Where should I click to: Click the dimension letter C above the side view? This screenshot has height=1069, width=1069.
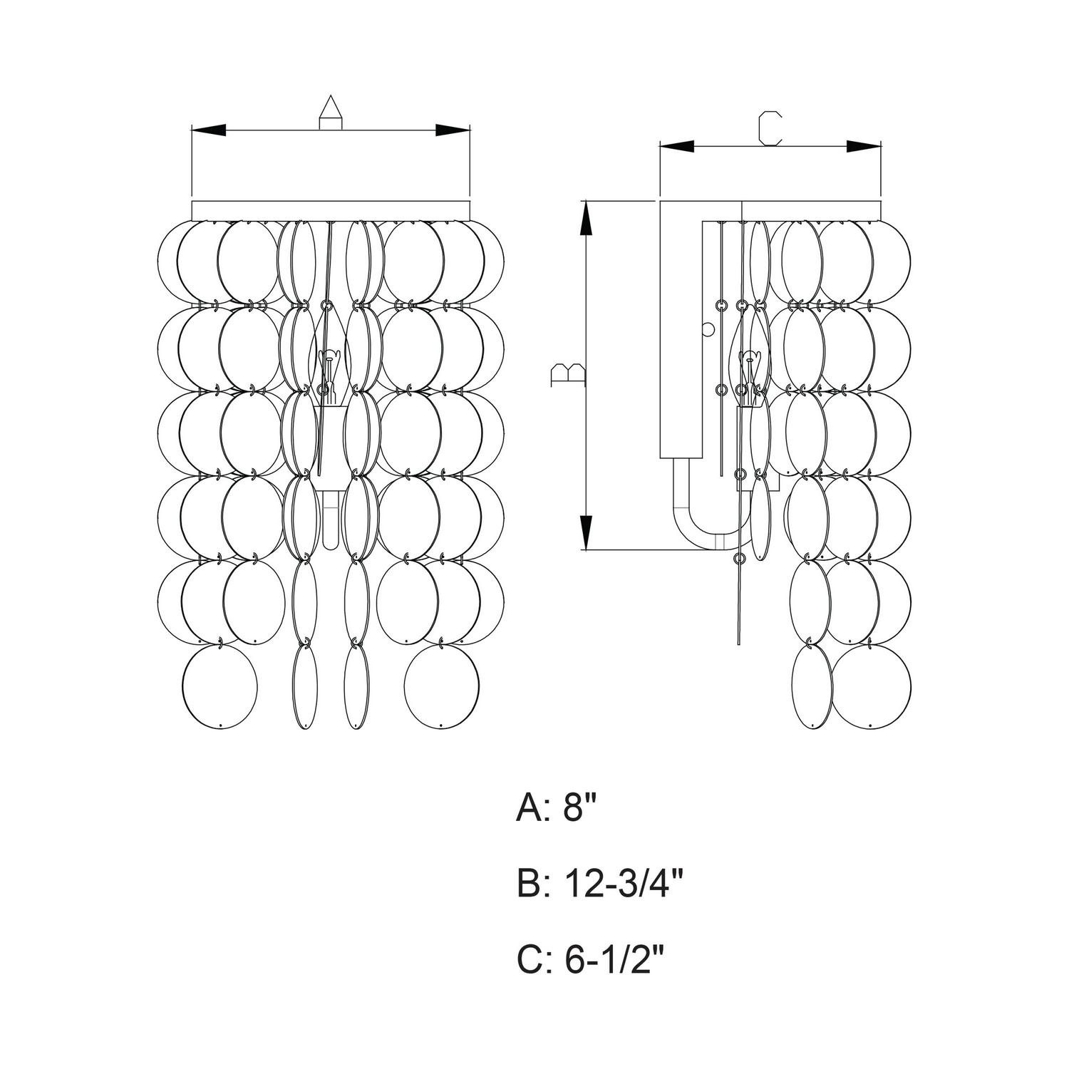pyautogui.click(x=770, y=129)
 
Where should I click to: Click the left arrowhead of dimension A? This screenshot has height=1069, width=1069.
pyautogui.click(x=209, y=130)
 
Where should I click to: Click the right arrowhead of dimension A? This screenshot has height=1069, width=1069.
pyautogui.click(x=453, y=130)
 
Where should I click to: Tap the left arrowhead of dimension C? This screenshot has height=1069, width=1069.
pyautogui.click(x=677, y=147)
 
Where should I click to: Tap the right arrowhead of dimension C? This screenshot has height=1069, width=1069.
pyautogui.click(x=864, y=147)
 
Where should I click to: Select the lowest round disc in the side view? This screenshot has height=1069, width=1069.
pyautogui.click(x=872, y=686)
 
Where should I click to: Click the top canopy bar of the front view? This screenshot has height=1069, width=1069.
pyautogui.click(x=331, y=210)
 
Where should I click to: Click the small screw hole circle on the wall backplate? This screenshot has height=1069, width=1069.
pyautogui.click(x=708, y=329)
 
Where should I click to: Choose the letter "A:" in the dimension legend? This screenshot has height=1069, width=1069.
pyautogui.click(x=533, y=811)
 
